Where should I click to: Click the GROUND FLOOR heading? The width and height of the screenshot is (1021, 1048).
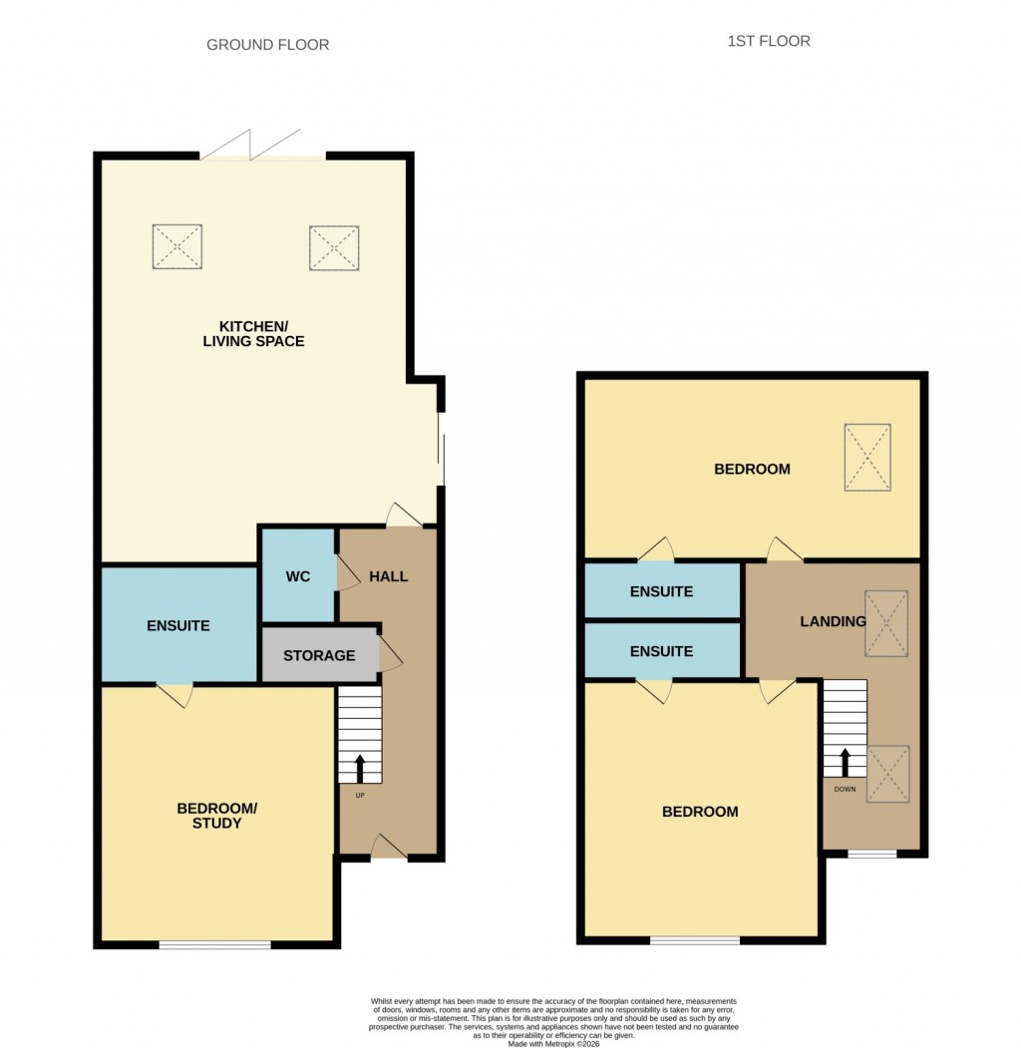267,45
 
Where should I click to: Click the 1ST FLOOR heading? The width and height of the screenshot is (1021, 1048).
768,41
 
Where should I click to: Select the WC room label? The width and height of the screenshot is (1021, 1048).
298,576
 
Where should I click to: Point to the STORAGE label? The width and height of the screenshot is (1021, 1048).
319,655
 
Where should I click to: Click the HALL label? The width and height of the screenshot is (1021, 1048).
388,576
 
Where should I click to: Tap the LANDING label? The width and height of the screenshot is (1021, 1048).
833,621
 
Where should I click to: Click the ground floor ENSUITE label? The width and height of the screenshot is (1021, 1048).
178,626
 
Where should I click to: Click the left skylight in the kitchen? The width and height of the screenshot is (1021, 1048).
177,246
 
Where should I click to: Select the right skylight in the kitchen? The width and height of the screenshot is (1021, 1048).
333,248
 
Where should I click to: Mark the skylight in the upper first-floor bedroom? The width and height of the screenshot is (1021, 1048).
866,458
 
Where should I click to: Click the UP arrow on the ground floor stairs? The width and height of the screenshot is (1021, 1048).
360,769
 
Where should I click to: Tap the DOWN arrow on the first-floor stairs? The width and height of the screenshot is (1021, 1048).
845,762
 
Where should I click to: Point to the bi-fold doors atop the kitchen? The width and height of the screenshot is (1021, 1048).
262,146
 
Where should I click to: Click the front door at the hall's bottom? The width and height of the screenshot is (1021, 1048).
389,849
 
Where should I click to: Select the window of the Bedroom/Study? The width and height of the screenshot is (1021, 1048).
214,944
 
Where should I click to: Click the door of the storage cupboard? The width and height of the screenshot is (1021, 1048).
390,656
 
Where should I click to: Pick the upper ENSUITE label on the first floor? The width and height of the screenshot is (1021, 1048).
661,591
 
